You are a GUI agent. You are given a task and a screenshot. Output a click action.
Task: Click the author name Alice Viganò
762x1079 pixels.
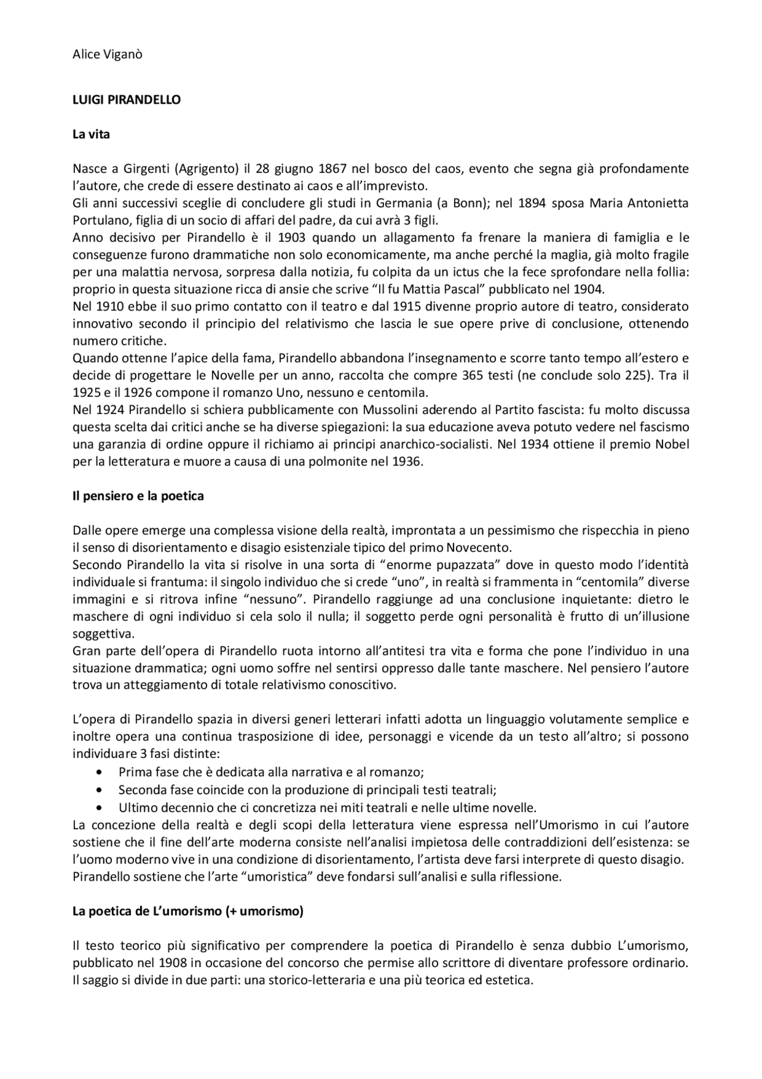tap(107, 55)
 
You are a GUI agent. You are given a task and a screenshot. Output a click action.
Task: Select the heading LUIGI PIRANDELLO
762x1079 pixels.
tap(126, 100)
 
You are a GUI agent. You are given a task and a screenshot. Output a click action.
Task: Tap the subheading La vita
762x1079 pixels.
tap(91, 135)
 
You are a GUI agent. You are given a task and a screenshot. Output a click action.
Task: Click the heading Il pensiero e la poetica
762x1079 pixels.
tap(138, 496)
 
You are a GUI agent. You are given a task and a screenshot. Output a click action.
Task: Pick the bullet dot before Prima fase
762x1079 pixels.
tap(99, 773)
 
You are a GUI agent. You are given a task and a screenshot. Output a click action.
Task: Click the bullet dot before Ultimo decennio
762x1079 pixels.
tap(99, 809)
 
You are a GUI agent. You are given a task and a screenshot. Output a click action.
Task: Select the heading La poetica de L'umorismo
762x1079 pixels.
tap(188, 912)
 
